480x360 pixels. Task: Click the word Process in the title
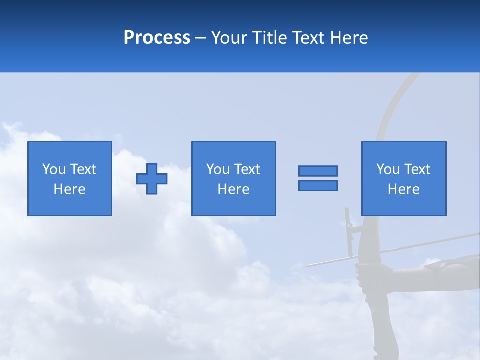[157, 38]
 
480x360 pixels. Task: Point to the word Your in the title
[230, 38]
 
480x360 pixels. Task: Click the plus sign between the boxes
[152, 179]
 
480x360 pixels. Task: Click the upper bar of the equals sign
[318, 171]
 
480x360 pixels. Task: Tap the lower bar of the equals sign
[318, 186]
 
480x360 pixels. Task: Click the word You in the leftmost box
[54, 169]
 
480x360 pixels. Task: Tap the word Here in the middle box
[233, 189]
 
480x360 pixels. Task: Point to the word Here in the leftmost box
[70, 189]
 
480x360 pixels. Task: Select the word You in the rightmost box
[388, 169]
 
